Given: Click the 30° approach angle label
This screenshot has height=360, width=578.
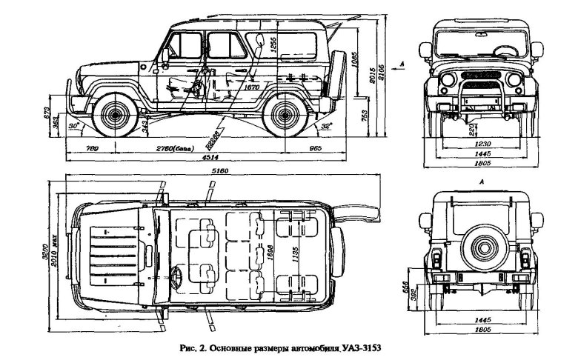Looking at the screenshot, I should (73, 127).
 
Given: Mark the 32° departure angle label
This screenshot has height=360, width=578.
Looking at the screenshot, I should (326, 127).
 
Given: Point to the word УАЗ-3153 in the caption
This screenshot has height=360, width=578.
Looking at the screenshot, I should (360, 347).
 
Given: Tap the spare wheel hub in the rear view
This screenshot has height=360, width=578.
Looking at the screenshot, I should (482, 244).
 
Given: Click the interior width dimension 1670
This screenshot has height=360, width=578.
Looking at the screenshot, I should (253, 87).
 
